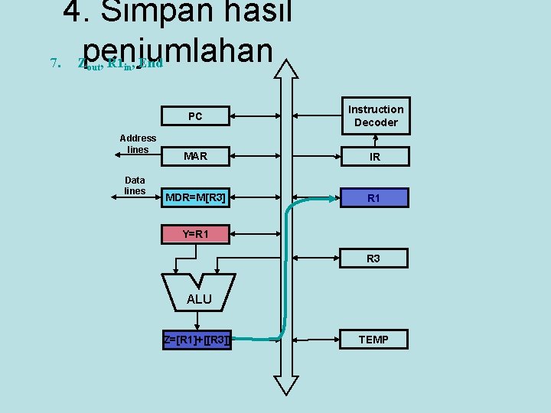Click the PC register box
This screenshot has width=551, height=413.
(195, 116)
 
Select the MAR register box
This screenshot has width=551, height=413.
(195, 156)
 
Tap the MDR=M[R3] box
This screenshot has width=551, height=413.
(195, 198)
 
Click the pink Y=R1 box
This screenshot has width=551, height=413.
(195, 234)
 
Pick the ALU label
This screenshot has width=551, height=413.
(199, 299)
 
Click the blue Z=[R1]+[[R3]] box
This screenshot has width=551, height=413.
(196, 340)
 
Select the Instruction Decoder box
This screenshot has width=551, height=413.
(375, 115)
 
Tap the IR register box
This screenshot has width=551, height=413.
(375, 157)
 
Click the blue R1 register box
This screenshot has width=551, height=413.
(373, 198)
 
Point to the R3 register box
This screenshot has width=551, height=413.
(373, 259)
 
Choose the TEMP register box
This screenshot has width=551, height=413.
(373, 340)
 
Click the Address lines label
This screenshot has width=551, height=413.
(138, 143)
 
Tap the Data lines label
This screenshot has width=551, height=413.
(135, 185)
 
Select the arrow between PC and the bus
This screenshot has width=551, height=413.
(252, 116)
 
